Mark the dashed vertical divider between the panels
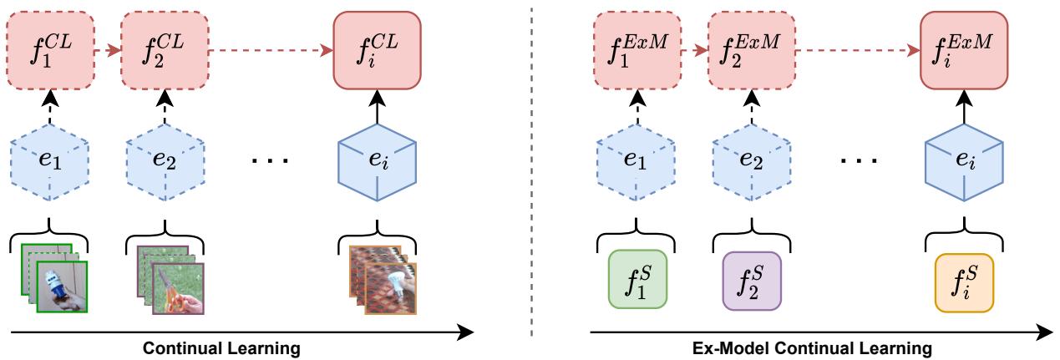(x=532, y=167)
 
